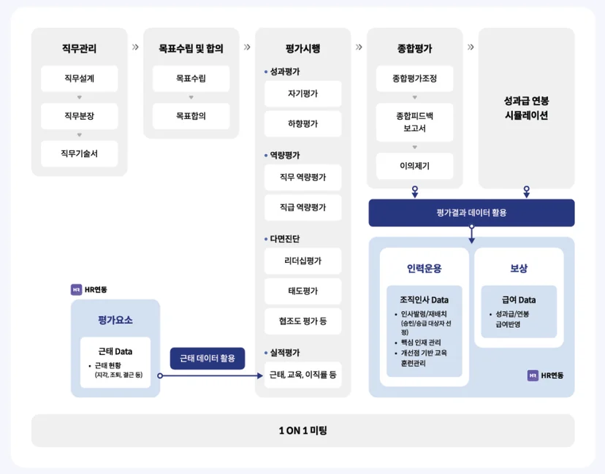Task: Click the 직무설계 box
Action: pyautogui.click(x=79, y=78)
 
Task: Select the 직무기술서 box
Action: pyautogui.click(x=79, y=153)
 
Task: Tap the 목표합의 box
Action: pyautogui.click(x=191, y=116)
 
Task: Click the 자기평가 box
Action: pyautogui.click(x=303, y=93)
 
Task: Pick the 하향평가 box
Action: pyautogui.click(x=303, y=124)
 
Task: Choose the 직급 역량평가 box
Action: pyautogui.click(x=303, y=207)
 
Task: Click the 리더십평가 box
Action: pyautogui.click(x=303, y=261)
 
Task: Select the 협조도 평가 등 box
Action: pyautogui.click(x=303, y=321)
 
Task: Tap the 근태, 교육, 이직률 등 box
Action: pyautogui.click(x=303, y=375)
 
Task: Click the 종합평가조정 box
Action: pyautogui.click(x=415, y=78)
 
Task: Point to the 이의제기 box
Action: pyautogui.click(x=415, y=166)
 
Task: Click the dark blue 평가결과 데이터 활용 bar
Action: pyautogui.click(x=471, y=213)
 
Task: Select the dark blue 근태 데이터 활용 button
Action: pyautogui.click(x=208, y=359)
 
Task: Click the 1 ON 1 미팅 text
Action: pyautogui.click(x=303, y=430)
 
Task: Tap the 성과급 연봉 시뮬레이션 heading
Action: pyautogui.click(x=526, y=108)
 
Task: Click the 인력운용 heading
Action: pyautogui.click(x=424, y=269)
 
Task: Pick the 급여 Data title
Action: pyautogui.click(x=519, y=299)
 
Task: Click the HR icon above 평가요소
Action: pyautogui.click(x=77, y=290)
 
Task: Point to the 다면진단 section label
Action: pyautogui.click(x=285, y=239)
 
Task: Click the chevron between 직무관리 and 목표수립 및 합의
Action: pyautogui.click(x=135, y=47)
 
